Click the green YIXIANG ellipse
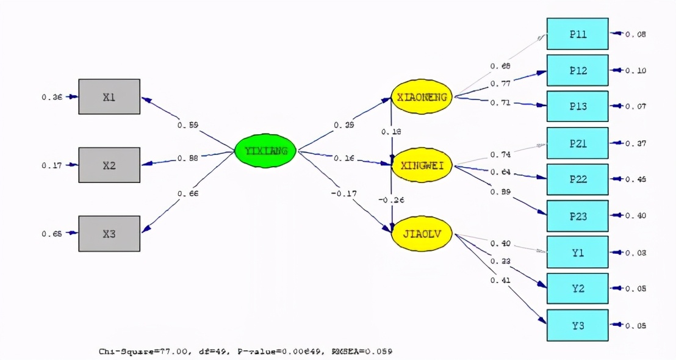(265, 150)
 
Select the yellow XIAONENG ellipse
(421, 97)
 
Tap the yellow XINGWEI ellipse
(421, 165)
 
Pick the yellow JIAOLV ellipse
(421, 233)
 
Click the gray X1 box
(109, 96)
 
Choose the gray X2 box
(109, 165)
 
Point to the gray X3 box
(109, 233)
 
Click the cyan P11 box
(577, 34)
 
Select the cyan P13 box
(577, 107)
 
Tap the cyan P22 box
(577, 179)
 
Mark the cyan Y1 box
(577, 252)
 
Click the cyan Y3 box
(577, 325)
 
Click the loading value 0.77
(500, 84)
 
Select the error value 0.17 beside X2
(51, 165)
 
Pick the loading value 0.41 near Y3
(500, 280)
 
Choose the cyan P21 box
(577, 143)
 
